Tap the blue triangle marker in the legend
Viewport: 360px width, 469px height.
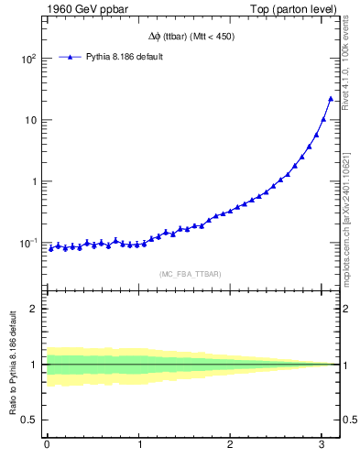pyautogui.click(x=71, y=57)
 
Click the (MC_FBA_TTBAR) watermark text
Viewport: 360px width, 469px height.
pyautogui.click(x=190, y=274)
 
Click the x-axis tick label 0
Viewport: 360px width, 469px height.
pyautogui.click(x=47, y=445)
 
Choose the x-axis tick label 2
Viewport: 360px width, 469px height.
pyautogui.click(x=231, y=445)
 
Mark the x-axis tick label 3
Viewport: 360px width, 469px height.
pyautogui.click(x=322, y=445)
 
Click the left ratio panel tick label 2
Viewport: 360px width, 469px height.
pyautogui.click(x=35, y=309)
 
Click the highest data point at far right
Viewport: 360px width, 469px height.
pyautogui.click(x=331, y=98)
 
